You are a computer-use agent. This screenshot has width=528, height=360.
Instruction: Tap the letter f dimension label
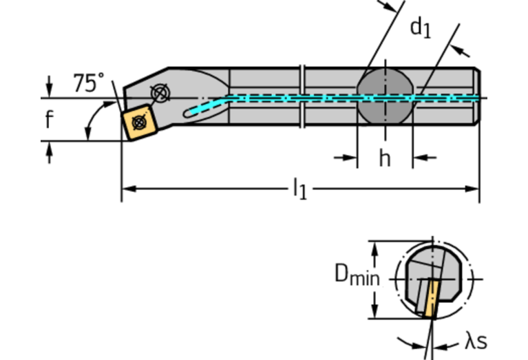coord(49,120)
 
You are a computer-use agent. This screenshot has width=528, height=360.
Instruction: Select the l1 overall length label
coord(299,188)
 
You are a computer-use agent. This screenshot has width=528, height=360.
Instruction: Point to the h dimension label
coord(384,158)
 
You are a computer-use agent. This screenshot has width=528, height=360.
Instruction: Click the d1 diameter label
coord(420,28)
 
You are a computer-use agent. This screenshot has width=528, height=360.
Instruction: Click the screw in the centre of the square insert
coord(138,123)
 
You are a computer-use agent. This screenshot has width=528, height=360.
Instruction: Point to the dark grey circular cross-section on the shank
coord(385,98)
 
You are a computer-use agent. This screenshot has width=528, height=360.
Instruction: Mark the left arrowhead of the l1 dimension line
coord(128,188)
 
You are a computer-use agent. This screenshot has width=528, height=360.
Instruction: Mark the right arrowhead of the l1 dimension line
coord(473,188)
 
